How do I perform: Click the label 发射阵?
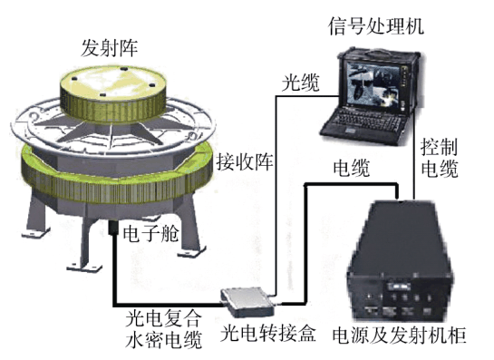[x=110, y=48]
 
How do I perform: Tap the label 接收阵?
[x=245, y=161]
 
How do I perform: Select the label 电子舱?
[x=150, y=233]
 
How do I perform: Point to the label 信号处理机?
[x=375, y=26]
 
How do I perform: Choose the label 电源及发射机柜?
[x=400, y=335]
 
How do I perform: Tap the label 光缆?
[x=300, y=83]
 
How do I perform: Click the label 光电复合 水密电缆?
[x=163, y=329]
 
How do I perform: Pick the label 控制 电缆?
[x=440, y=158]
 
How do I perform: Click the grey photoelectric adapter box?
[x=247, y=302]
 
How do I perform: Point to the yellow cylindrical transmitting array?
[x=113, y=93]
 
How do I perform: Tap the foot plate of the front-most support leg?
[x=84, y=268]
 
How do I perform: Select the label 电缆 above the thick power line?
[x=351, y=168]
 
